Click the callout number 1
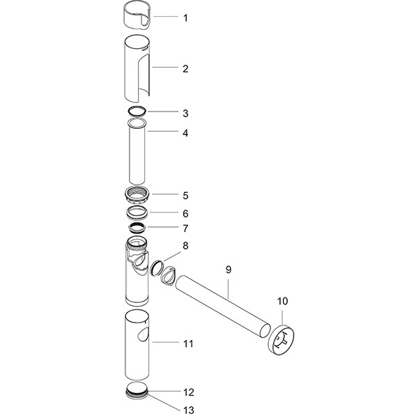point(185,17)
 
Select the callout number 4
point(185,132)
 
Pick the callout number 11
point(188,343)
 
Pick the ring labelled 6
point(137,212)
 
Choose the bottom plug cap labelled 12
point(137,390)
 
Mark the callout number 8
point(185,245)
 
